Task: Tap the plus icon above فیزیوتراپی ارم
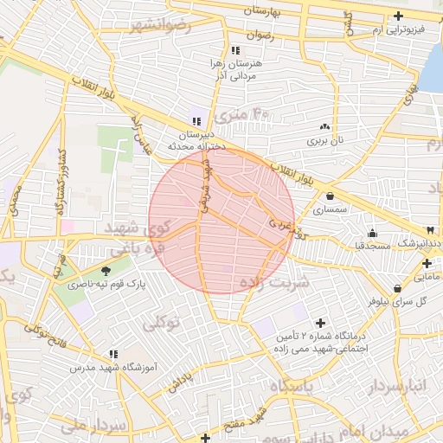(398, 16)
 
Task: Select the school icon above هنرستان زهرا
(235, 50)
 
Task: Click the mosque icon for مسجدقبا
(373, 232)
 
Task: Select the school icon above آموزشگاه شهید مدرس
(113, 353)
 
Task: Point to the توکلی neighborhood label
(161, 324)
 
